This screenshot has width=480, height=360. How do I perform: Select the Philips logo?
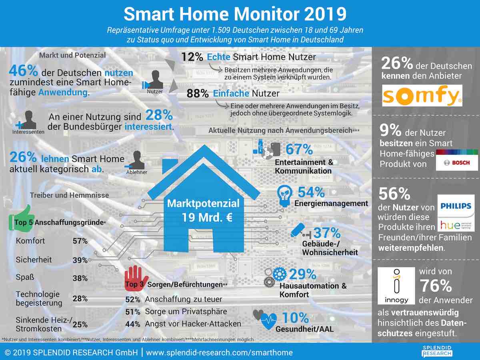pos(456,206)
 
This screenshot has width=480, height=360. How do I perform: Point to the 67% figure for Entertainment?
pos(299,149)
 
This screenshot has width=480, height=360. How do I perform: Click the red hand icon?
pos(136,276)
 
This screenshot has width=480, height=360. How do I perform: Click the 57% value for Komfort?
pos(80,241)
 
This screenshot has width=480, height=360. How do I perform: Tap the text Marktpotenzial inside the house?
pos(203,203)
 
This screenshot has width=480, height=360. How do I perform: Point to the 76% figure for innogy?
pos(436,286)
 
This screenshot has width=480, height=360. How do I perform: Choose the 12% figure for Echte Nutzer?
pos(192,57)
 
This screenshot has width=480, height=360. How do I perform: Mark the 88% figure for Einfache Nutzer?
pos(198,94)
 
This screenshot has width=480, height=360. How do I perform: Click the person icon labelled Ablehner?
pos(137,160)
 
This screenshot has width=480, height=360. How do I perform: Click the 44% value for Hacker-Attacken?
pos(132,324)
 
